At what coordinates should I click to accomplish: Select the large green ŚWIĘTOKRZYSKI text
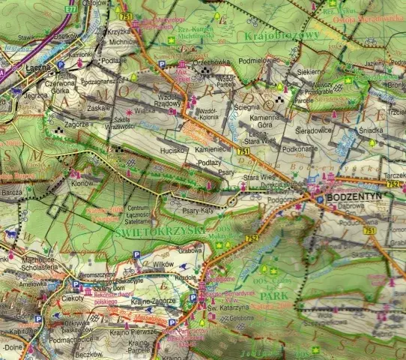coord(159,231)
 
